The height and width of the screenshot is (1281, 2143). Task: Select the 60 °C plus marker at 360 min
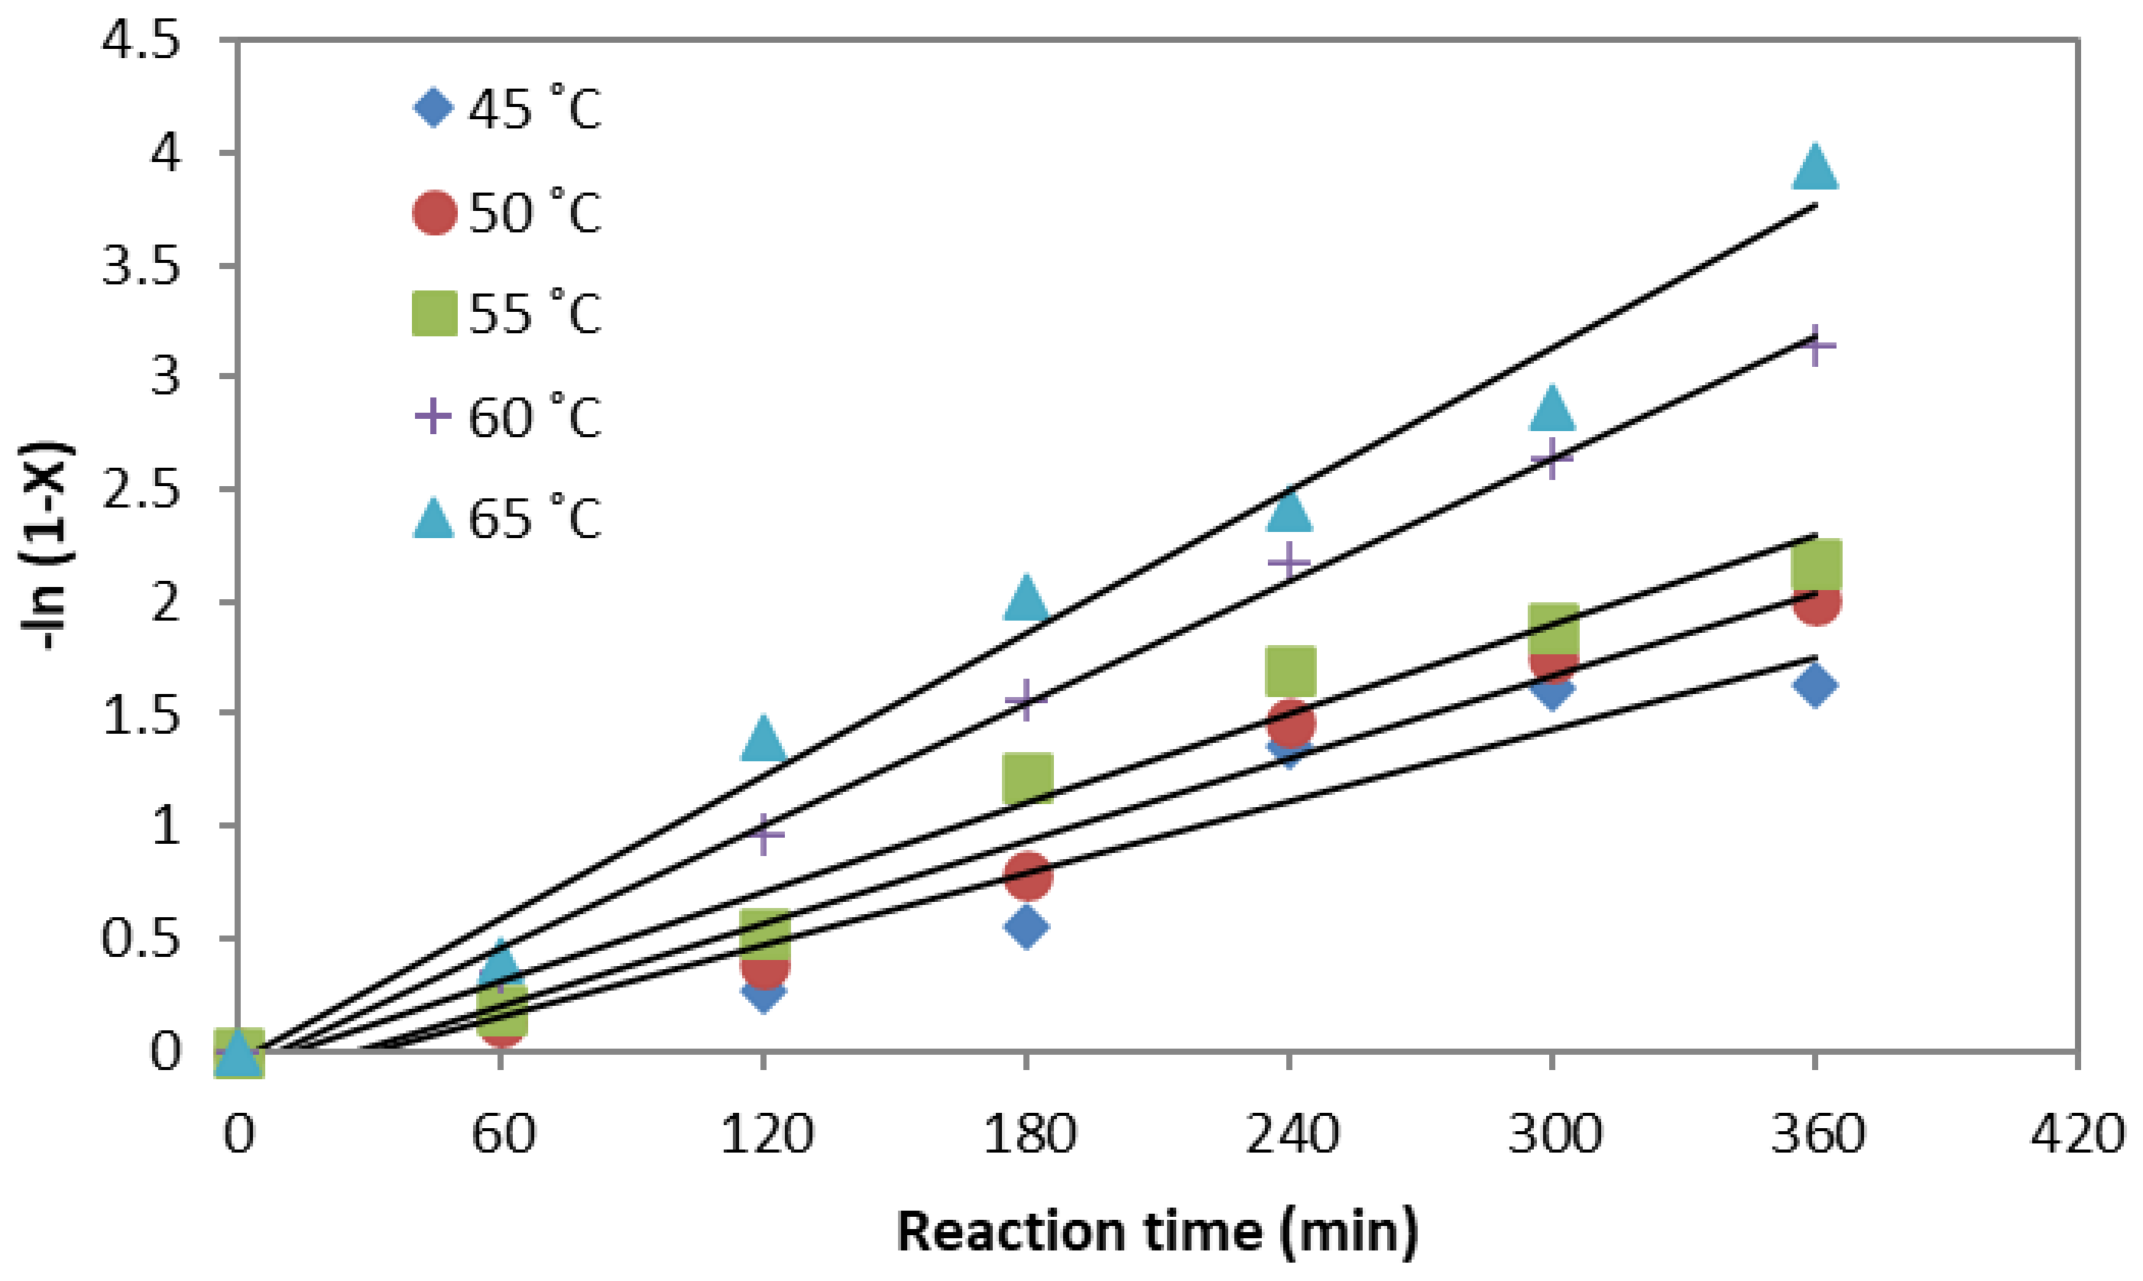point(1814,346)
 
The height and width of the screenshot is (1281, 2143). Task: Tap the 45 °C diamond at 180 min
point(1026,927)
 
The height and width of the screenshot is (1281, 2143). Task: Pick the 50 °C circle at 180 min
point(1027,875)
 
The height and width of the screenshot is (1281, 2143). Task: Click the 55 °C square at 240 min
point(1290,670)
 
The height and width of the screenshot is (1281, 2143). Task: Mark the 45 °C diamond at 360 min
point(1814,686)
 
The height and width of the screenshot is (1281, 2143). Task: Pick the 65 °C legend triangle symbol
point(433,518)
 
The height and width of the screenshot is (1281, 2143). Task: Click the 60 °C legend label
point(535,417)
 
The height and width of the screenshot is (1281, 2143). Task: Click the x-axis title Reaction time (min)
point(1157,1231)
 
